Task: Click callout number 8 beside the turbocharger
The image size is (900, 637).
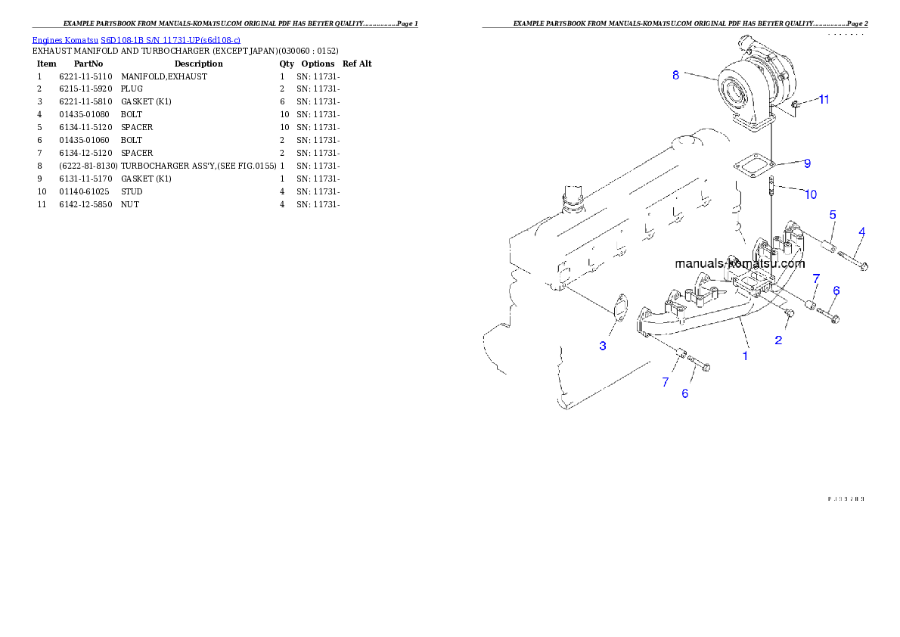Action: point(675,75)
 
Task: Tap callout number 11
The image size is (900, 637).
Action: point(824,100)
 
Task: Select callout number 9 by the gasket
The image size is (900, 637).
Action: point(807,163)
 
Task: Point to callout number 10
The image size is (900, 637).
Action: point(810,194)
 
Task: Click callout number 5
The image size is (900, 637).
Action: point(832,215)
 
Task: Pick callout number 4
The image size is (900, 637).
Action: point(861,231)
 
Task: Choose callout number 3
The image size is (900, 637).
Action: point(603,346)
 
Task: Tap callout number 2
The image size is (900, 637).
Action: point(778,340)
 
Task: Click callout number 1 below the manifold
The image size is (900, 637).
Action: point(745,355)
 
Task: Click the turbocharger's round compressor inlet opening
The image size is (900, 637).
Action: point(736,95)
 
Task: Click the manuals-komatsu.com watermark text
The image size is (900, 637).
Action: point(740,264)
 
